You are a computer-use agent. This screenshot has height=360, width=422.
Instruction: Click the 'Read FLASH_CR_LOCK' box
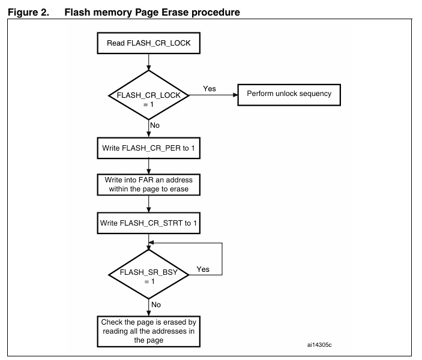coord(148,43)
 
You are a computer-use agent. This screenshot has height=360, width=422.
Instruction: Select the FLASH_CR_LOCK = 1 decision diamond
coord(148,95)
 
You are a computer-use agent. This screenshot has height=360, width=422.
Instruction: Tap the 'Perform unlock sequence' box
coord(289,95)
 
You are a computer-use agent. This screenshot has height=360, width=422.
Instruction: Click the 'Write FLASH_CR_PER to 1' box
coord(148,148)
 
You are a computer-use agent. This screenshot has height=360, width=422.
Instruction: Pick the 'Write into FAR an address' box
coord(148,184)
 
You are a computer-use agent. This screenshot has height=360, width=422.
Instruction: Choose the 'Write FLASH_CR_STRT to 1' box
coord(148,223)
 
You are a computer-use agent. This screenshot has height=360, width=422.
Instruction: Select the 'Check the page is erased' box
coord(148,331)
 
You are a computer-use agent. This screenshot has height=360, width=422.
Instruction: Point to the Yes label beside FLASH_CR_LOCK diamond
coord(209,88)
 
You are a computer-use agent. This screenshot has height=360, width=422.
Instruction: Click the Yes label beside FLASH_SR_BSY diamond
coord(203,269)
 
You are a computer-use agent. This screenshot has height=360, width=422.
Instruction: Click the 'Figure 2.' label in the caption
coord(28,11)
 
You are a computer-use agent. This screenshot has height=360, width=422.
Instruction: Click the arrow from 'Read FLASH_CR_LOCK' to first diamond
coord(148,61)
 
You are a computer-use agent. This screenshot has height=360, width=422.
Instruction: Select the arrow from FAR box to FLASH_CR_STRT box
coord(148,204)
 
